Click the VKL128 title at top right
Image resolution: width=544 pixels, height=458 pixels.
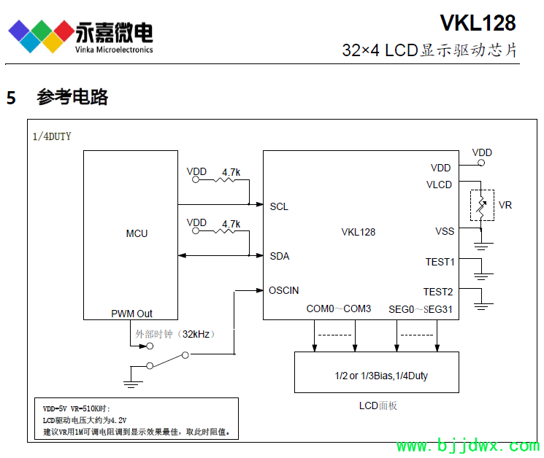(x=478, y=23)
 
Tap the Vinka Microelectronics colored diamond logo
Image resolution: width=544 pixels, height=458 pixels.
(x=41, y=33)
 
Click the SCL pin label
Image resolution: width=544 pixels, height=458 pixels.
(x=279, y=206)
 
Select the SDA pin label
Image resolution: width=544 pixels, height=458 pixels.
(x=279, y=256)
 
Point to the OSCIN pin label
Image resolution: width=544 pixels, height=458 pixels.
(x=283, y=290)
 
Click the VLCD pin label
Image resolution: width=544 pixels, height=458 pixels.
(x=439, y=185)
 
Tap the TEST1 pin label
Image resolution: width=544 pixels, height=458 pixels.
(x=440, y=262)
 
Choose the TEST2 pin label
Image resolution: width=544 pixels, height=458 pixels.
(x=438, y=291)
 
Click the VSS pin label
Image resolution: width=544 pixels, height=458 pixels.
(x=444, y=231)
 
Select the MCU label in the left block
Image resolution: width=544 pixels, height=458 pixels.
(x=137, y=233)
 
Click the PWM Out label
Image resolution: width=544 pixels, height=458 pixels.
(x=132, y=314)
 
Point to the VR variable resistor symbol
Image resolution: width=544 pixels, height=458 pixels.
(x=481, y=205)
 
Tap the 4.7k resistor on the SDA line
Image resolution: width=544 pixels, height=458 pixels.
(x=231, y=231)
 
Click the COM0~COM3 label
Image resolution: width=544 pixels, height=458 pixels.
(x=338, y=308)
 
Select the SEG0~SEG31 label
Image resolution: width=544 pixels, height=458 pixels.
(x=421, y=308)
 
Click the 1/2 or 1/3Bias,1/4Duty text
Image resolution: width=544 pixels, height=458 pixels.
(x=377, y=376)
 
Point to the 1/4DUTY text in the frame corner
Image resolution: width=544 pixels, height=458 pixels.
(x=53, y=136)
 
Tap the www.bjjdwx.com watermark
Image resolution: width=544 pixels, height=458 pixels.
(x=467, y=446)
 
